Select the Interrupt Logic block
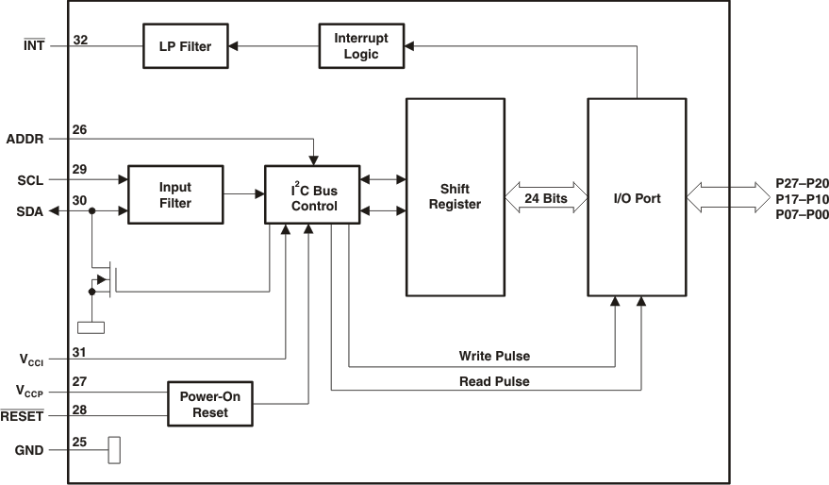360,45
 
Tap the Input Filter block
175,195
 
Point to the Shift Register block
455,196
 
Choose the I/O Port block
637,197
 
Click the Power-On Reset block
209,404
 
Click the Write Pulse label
494,357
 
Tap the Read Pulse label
494,381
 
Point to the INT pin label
32,44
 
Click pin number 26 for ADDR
80,129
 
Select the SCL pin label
29,178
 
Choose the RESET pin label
22,415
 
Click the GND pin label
29,450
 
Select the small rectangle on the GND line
114,450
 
